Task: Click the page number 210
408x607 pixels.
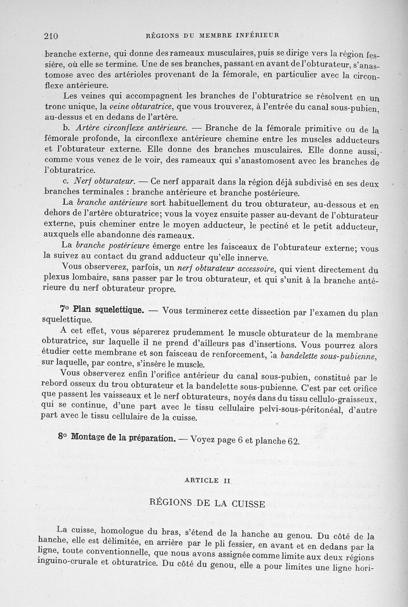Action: (52, 35)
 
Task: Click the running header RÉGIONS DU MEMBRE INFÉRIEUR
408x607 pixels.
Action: (212, 35)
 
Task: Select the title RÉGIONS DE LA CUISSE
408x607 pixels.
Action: (207, 504)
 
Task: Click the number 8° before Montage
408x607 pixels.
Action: (63, 438)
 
